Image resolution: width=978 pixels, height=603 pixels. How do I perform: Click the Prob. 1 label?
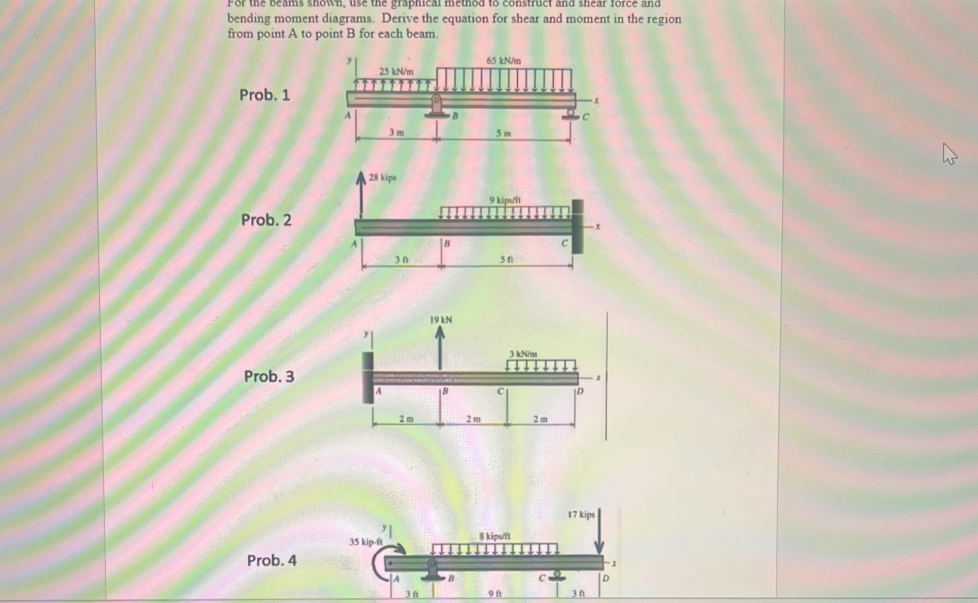[264, 95]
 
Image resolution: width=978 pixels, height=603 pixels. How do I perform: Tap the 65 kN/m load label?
[504, 61]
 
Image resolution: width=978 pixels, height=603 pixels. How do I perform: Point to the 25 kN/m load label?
[396, 72]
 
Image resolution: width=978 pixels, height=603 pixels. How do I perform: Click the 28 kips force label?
[382, 177]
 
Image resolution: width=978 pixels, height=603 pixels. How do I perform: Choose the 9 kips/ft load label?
[505, 200]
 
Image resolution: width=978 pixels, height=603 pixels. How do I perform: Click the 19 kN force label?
[441, 320]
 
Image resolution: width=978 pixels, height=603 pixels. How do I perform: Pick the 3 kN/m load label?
[523, 354]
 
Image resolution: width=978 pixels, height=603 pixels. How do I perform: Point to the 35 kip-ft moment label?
[366, 542]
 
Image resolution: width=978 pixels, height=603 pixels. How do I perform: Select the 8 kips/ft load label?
[495, 537]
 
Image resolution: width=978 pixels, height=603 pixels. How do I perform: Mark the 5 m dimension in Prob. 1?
[503, 133]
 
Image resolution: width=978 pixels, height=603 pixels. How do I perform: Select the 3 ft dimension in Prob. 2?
[402, 260]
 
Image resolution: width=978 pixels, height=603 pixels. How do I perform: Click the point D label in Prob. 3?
[580, 391]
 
